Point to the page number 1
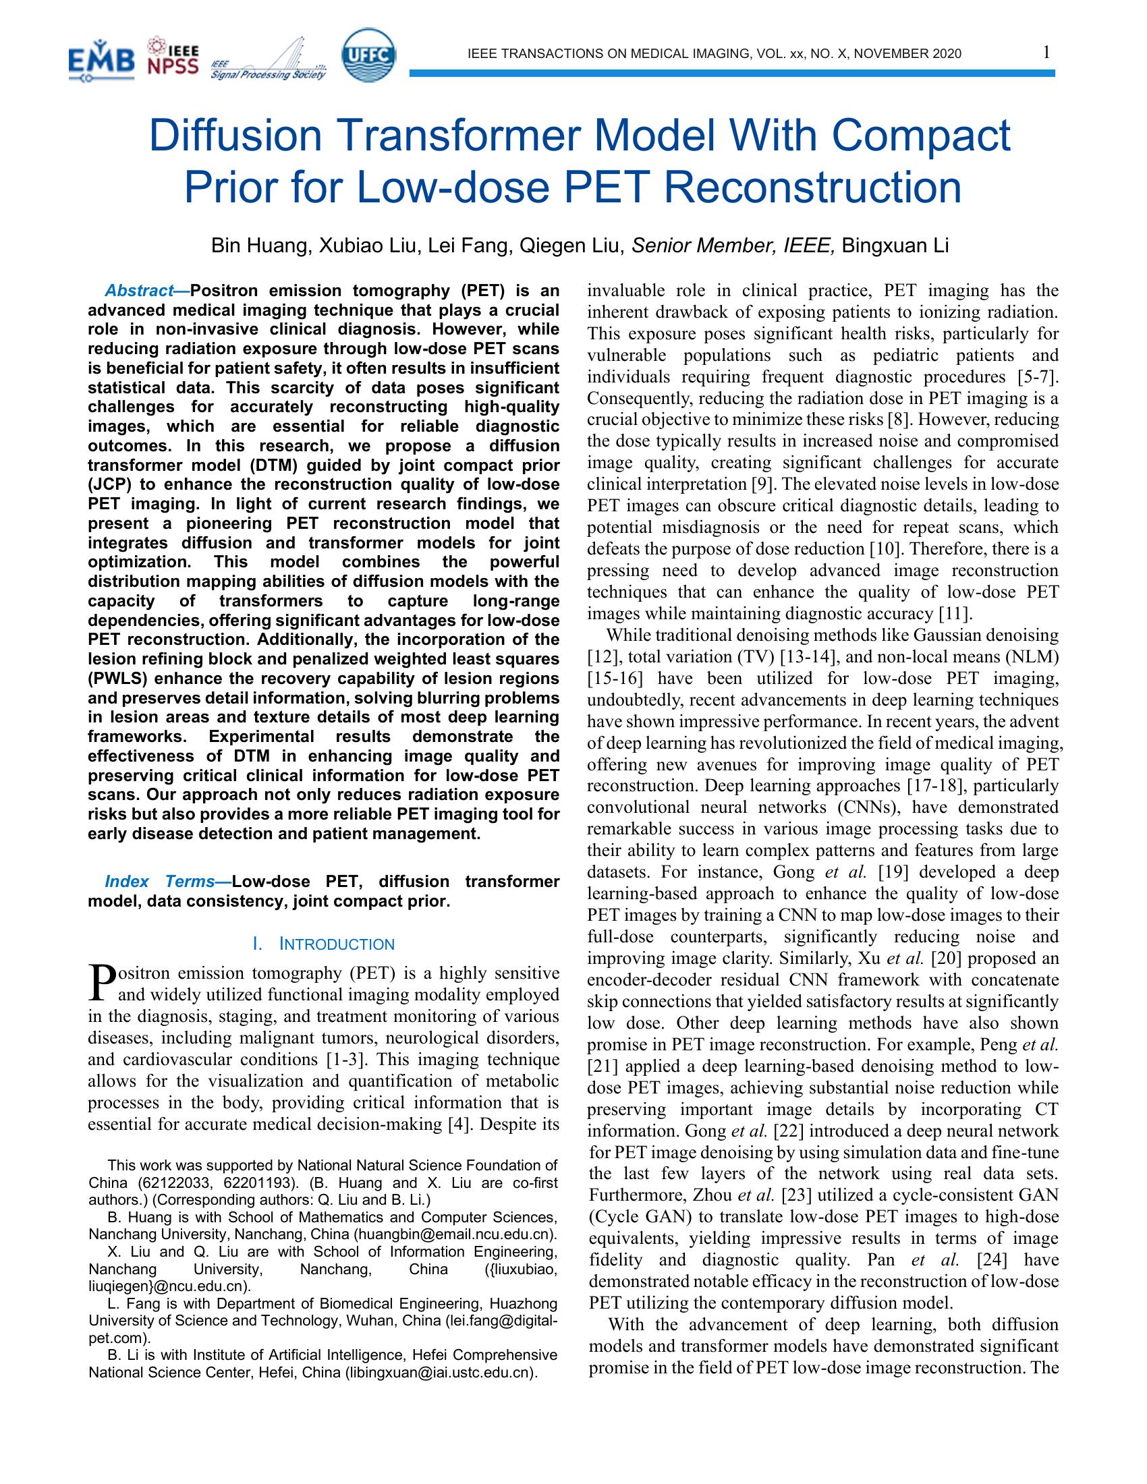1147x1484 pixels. click(1047, 53)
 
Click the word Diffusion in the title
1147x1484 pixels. click(234, 136)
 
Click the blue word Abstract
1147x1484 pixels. click(139, 291)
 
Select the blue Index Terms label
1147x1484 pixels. click(160, 882)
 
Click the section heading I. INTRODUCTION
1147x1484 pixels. click(323, 944)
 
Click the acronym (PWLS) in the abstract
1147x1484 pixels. click(113, 679)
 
